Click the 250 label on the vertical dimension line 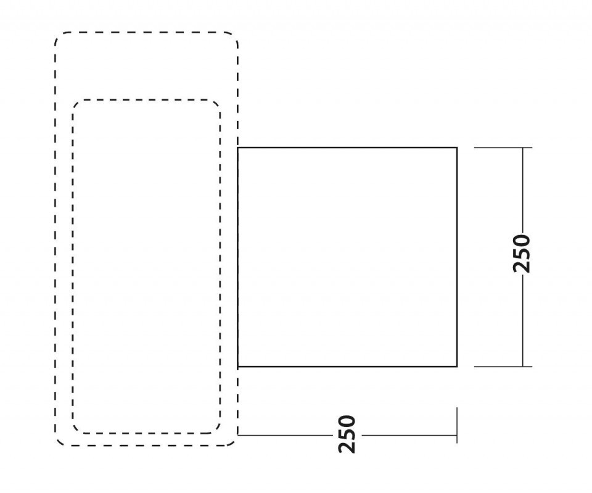coord(522,254)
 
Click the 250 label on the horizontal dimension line coord(347,434)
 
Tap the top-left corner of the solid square coord(238,147)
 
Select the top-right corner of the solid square coord(457,147)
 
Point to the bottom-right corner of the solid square coord(457,367)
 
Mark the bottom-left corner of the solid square coord(238,367)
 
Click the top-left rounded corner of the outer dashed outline coord(59,36)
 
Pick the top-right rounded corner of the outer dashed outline coord(234,36)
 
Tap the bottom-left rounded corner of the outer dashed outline coord(59,442)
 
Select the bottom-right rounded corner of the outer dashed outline coord(234,442)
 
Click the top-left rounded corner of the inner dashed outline coord(75,103)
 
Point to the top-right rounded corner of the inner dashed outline coord(217,103)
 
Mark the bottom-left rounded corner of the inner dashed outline coord(75,430)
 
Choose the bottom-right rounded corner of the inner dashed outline coord(217,430)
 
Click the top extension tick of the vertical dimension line coord(503,147)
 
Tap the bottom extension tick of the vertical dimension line coord(503,367)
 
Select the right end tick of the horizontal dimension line coord(457,425)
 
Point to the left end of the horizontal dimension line coord(238,435)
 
